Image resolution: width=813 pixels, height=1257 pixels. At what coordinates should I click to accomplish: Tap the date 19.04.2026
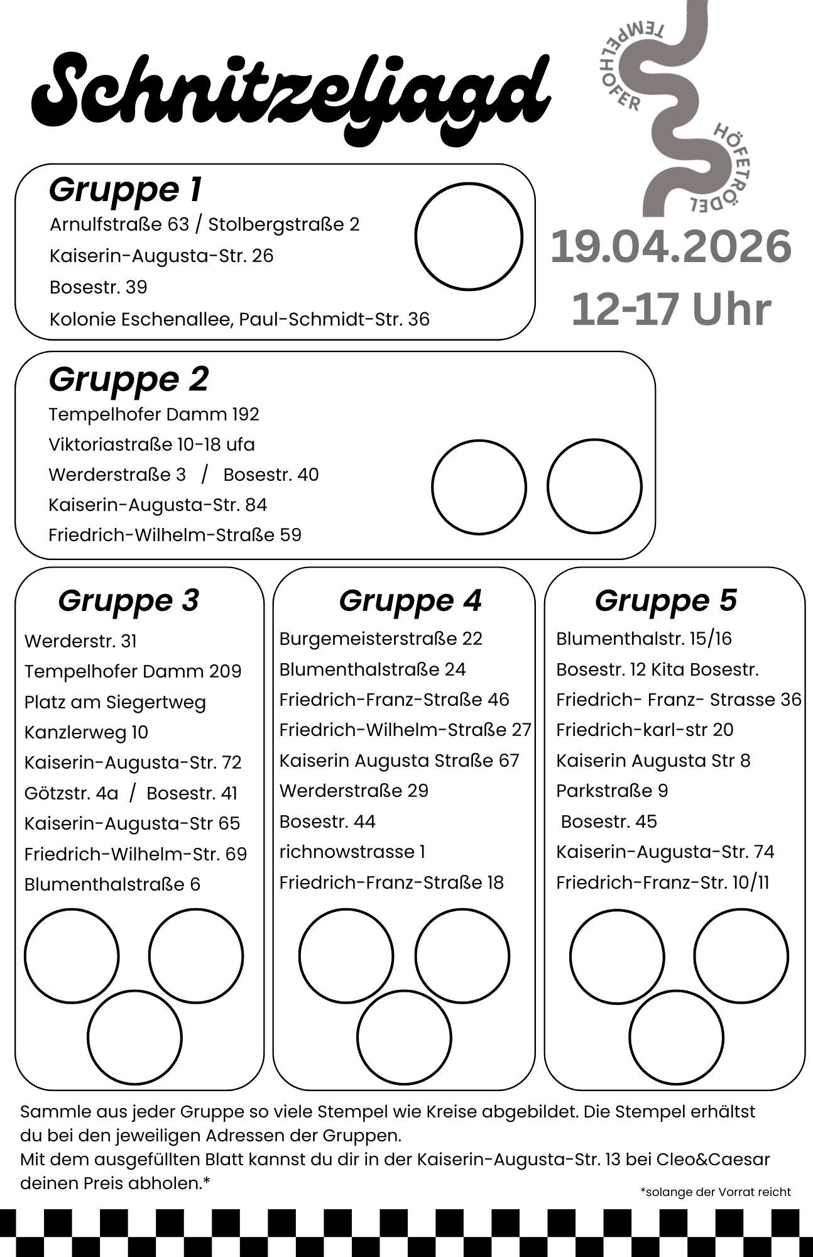pos(670,247)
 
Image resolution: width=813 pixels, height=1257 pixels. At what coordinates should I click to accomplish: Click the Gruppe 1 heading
pos(126,189)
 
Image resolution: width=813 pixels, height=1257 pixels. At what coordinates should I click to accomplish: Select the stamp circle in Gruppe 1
pos(469,236)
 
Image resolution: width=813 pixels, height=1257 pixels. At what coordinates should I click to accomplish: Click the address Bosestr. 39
pos(98,287)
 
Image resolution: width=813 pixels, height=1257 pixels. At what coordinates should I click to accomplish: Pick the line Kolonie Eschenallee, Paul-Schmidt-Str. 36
pos(239,319)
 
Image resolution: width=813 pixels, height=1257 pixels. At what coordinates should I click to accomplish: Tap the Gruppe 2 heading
pos(129,379)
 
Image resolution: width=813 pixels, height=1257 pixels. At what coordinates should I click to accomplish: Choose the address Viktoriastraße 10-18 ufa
pos(151,444)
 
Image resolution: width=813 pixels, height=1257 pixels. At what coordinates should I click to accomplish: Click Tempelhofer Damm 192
pos(154,414)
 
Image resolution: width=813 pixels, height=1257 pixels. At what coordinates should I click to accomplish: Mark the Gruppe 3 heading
pos(129,600)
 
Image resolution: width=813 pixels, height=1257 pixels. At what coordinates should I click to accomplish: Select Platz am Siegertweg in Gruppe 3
pos(115,702)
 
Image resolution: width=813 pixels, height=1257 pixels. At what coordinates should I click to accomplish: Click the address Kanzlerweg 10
pos(86,732)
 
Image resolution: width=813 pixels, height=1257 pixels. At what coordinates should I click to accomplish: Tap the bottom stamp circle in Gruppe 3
pos(134,1038)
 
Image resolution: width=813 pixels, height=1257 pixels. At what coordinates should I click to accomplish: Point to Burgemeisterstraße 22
pos(381,639)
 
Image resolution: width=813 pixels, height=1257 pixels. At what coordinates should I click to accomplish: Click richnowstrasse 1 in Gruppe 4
pos(352,852)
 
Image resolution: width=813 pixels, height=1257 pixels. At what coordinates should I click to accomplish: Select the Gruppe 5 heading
pos(666,600)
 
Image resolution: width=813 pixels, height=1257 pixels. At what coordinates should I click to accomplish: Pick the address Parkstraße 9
pos(612,791)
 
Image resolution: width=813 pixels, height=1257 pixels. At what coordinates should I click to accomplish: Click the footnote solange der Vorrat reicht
pos(716,1192)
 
